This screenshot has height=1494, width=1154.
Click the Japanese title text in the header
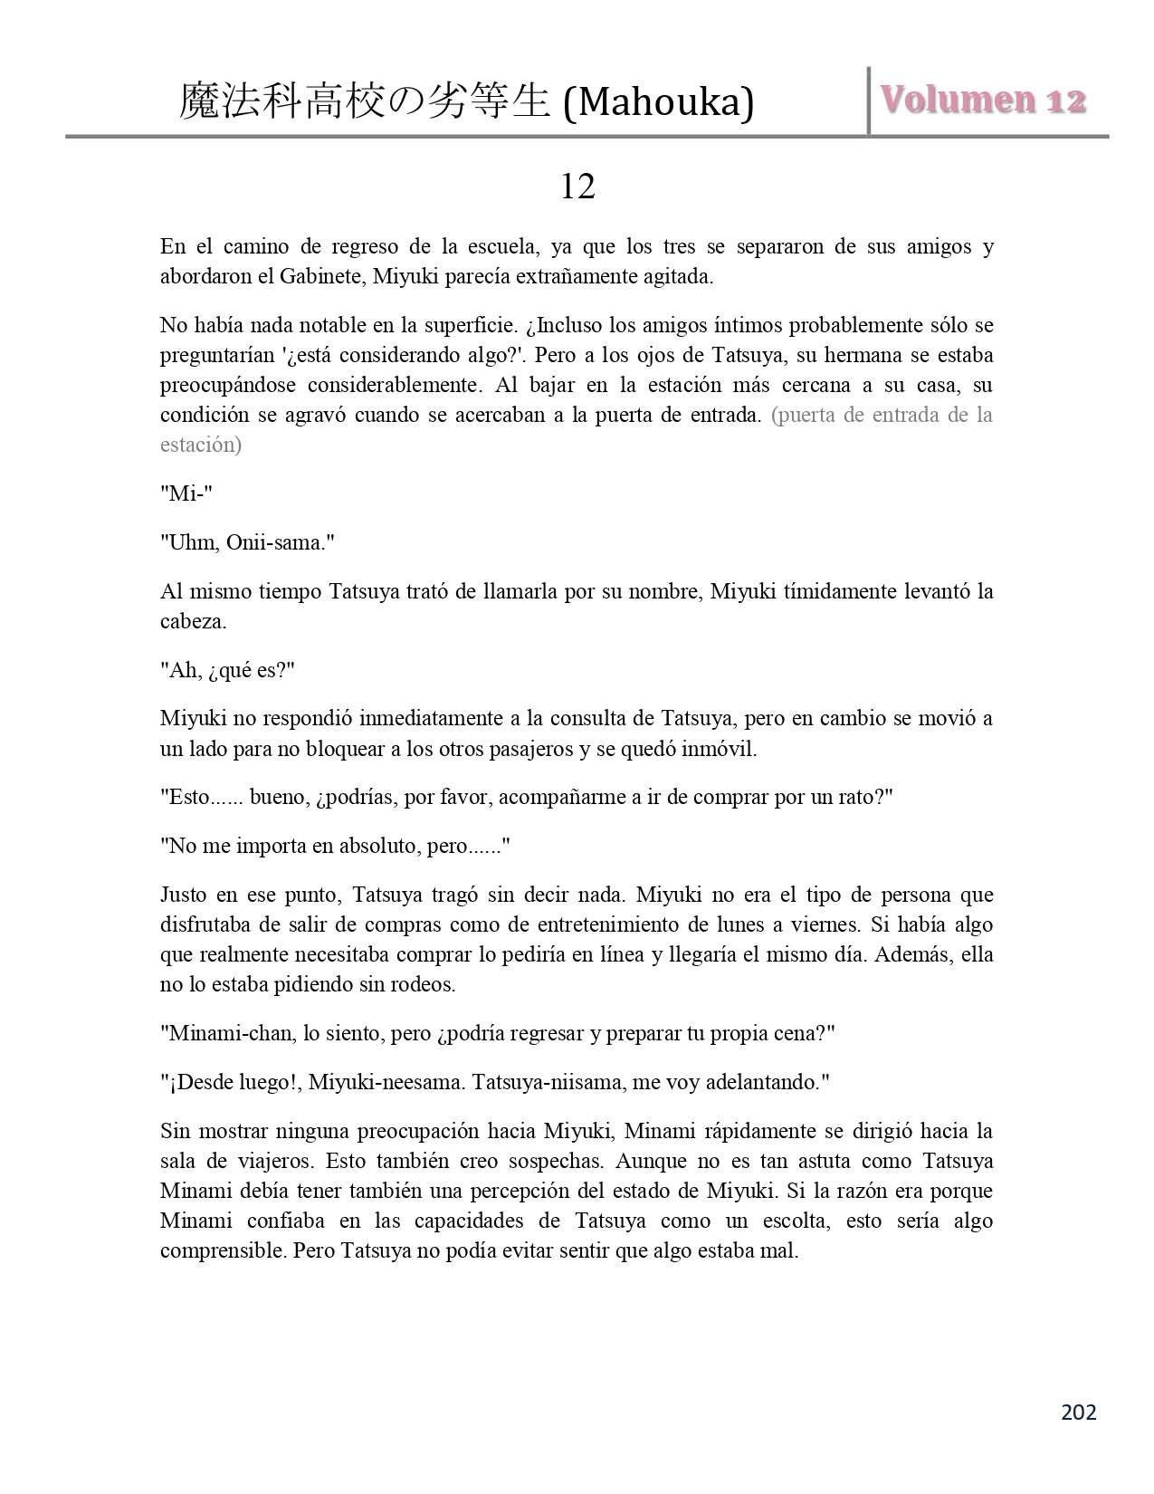tap(365, 102)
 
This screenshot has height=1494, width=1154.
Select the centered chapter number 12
tap(577, 187)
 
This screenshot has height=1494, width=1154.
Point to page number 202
tap(1077, 1412)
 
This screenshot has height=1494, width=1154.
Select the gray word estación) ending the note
tap(201, 445)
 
